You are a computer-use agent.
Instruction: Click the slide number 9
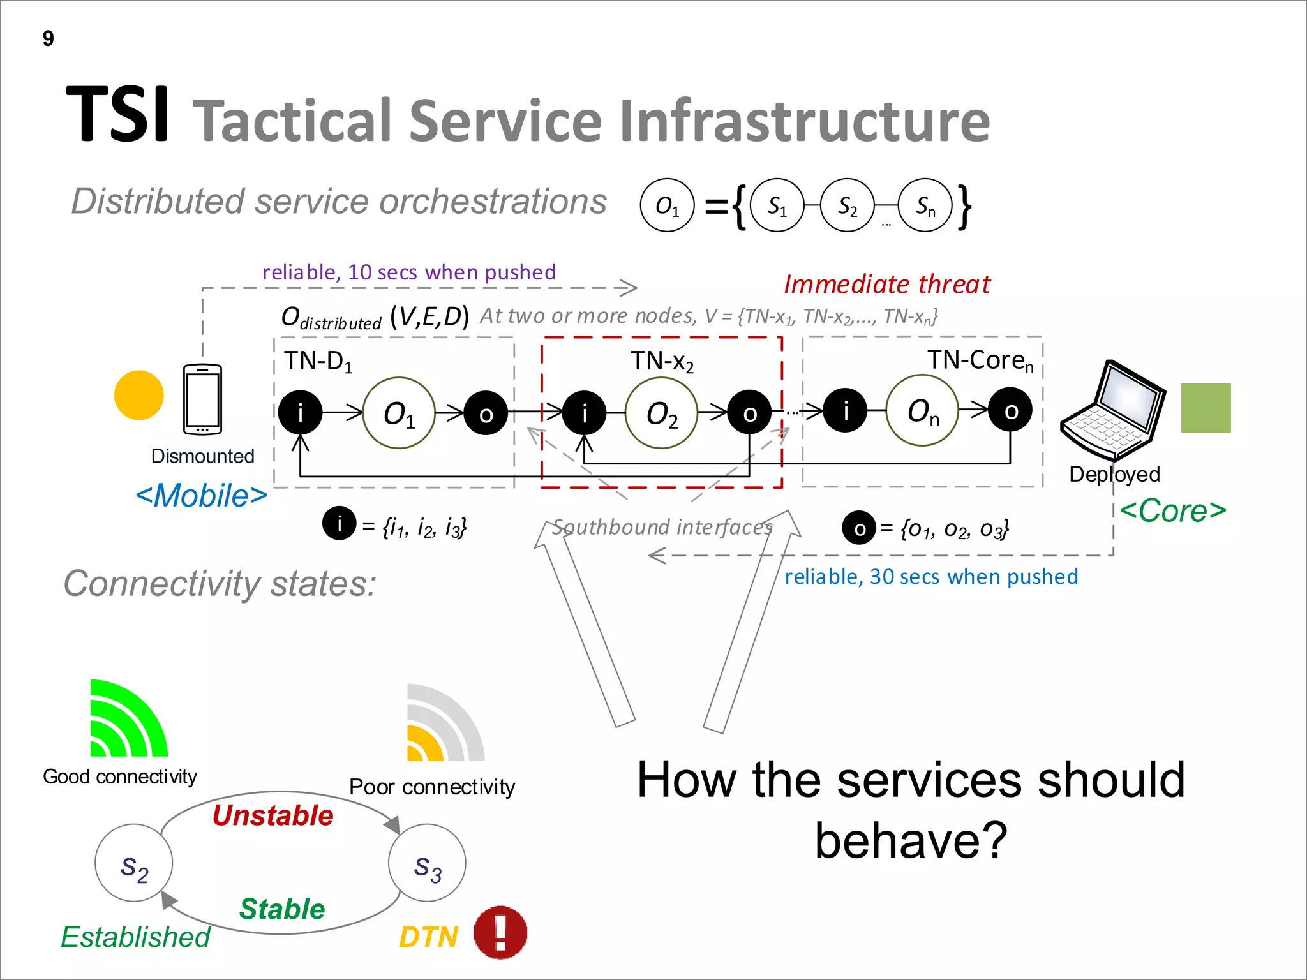[49, 39]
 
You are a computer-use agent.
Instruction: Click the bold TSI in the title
[118, 115]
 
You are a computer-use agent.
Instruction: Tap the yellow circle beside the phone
[138, 396]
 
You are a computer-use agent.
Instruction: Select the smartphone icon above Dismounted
[202, 399]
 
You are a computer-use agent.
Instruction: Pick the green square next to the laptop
[1205, 408]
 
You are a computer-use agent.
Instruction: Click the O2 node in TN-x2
[661, 413]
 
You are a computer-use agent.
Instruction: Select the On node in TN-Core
[922, 411]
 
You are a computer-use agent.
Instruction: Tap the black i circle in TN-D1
[300, 413]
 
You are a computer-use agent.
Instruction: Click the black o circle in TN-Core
[1010, 410]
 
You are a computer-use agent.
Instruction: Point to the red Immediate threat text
[886, 285]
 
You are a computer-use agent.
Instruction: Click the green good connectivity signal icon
[127, 720]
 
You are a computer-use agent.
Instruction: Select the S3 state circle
[427, 863]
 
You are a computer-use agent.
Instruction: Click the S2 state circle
[133, 863]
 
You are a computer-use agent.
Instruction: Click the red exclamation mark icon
[500, 933]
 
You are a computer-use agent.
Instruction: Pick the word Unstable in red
[273, 816]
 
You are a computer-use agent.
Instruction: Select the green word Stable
[282, 909]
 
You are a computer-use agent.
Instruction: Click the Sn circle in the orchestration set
[925, 205]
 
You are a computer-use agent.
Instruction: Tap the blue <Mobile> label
[201, 496]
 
